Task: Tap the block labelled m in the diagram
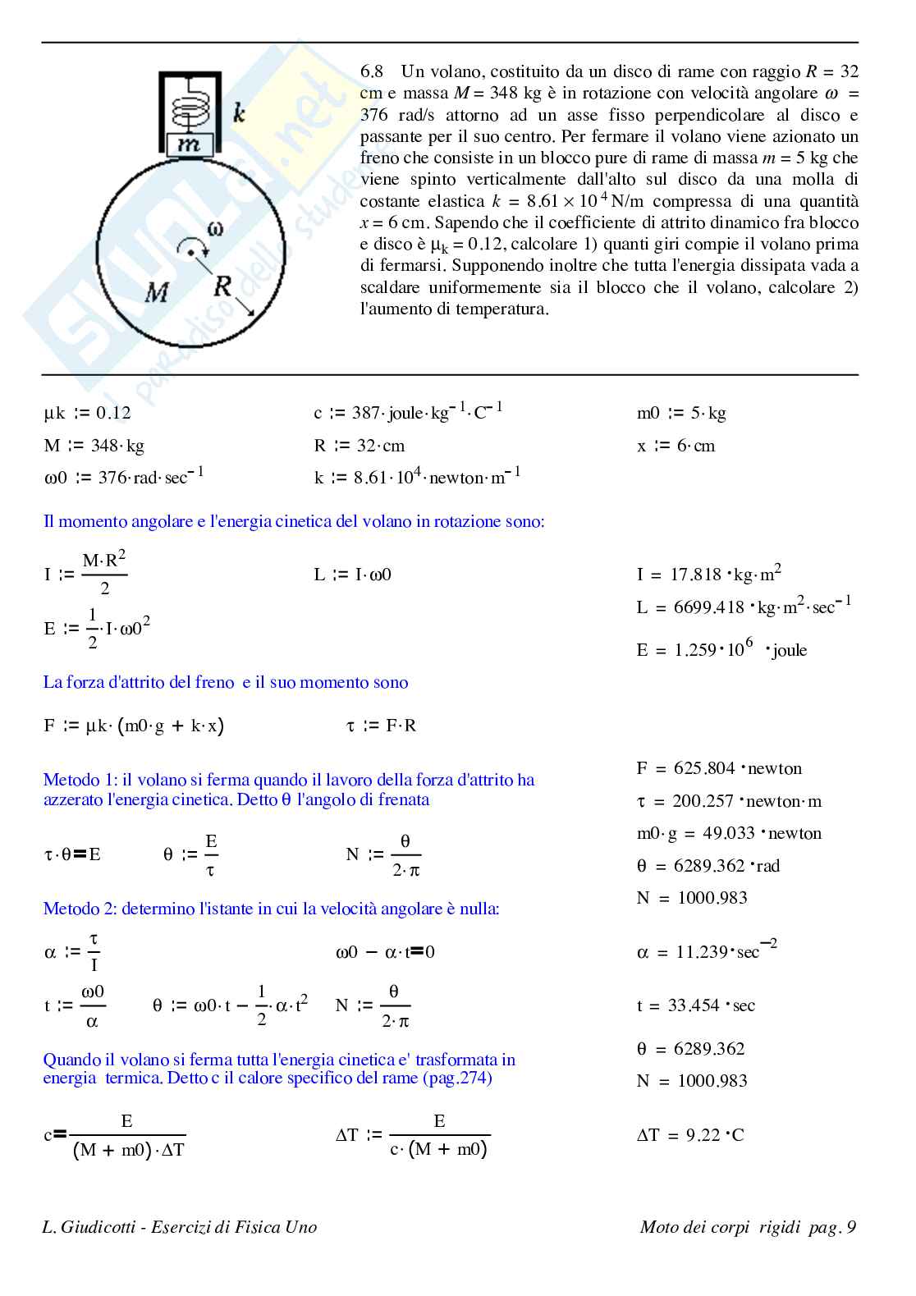coord(190,145)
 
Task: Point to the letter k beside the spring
coord(239,112)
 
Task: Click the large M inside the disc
coord(157,291)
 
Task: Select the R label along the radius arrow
coord(222,286)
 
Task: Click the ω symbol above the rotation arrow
coord(214,229)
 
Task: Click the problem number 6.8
coord(372,71)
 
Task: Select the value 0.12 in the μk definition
coord(113,413)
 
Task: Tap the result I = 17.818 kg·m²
coord(708,574)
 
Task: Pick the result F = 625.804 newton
coord(719,768)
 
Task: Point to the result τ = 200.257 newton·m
coord(728,801)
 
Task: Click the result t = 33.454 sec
coord(695,1005)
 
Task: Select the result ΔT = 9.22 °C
coord(690,1135)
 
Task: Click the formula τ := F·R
coord(381,726)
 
